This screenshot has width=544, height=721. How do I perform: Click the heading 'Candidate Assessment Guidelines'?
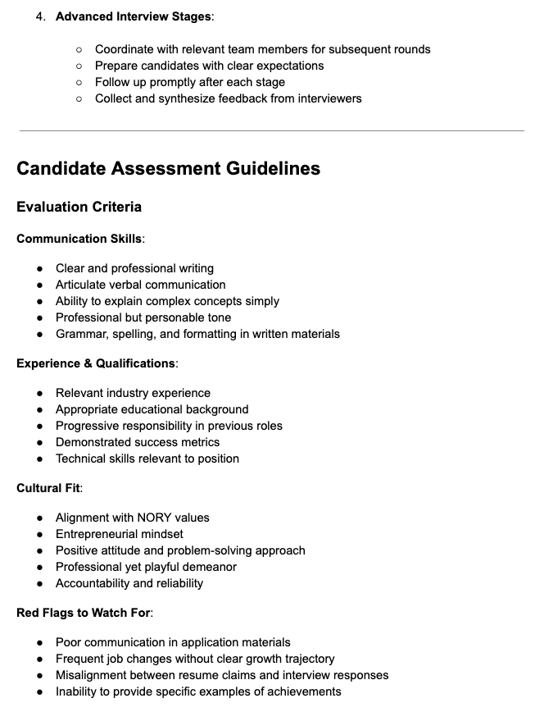(168, 169)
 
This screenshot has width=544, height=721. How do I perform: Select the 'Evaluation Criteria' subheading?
(79, 207)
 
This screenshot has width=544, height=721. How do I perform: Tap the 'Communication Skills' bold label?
(79, 239)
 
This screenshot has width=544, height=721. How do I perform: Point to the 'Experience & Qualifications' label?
(96, 363)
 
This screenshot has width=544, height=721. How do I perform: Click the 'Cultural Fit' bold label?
(48, 488)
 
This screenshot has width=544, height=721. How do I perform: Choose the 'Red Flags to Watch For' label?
(84, 613)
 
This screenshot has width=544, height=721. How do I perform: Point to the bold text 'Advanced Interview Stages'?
(133, 16)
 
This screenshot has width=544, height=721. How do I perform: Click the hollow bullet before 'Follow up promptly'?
(79, 82)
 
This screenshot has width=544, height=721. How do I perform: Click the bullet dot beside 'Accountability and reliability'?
(40, 583)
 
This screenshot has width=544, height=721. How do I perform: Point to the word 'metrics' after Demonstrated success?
(197, 442)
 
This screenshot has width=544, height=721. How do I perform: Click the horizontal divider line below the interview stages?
(271, 130)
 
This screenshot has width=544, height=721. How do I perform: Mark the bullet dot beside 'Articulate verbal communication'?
(40, 285)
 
